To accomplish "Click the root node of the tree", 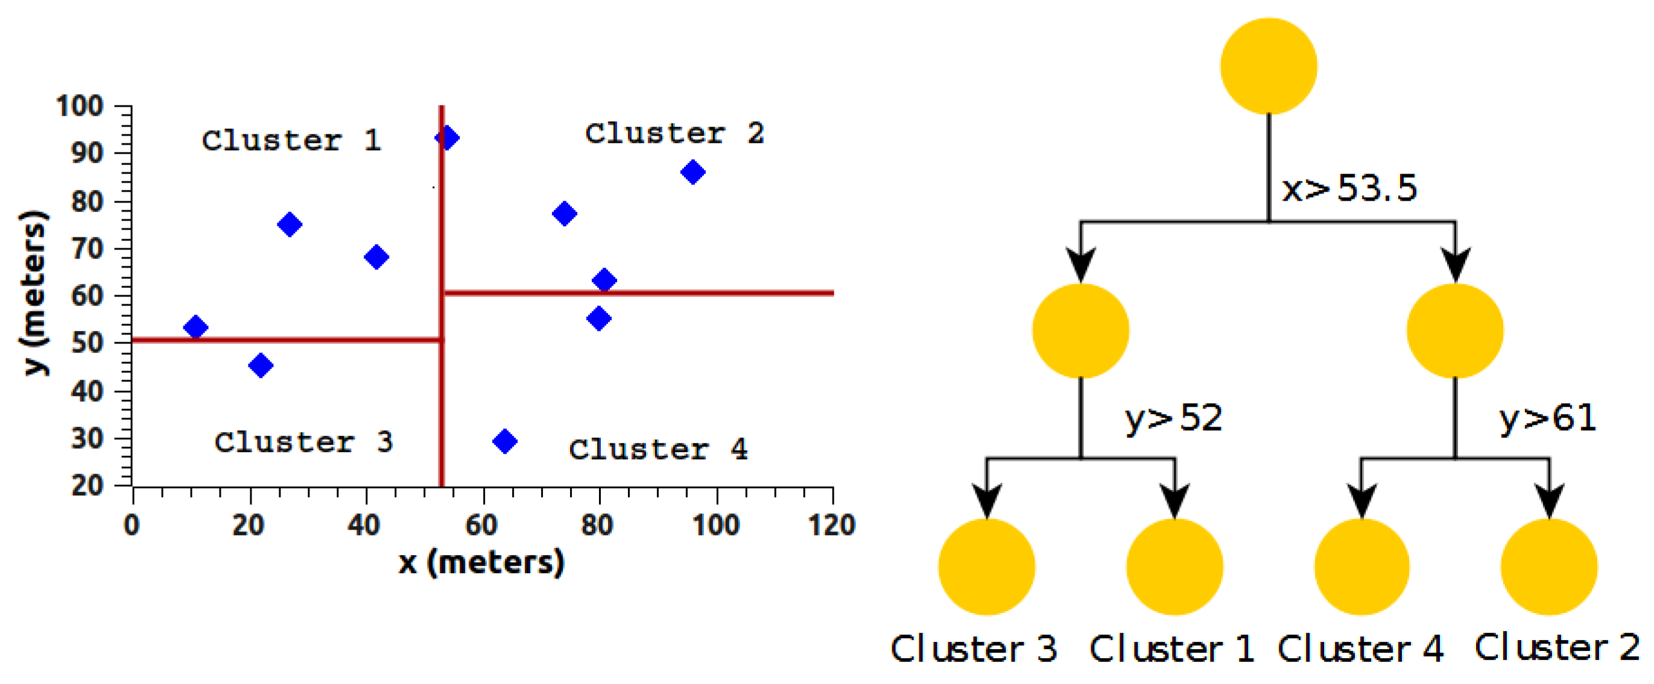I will pyautogui.click(x=1268, y=66).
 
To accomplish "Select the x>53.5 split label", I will pyautogui.click(x=1349, y=189).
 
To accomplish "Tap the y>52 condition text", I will pyautogui.click(x=1173, y=418).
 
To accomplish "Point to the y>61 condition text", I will pyautogui.click(x=1547, y=418).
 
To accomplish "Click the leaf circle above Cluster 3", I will pyautogui.click(x=986, y=566).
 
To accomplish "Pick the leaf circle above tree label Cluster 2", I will pyautogui.click(x=1548, y=566).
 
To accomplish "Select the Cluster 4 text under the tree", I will pyautogui.click(x=1360, y=648).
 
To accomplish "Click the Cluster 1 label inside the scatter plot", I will pyautogui.click(x=291, y=140).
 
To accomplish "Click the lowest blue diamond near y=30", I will pyautogui.click(x=505, y=442).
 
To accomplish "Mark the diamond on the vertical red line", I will pyautogui.click(x=446, y=137).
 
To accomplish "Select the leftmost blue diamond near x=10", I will pyautogui.click(x=195, y=327).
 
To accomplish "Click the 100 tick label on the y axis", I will pyautogui.click(x=80, y=106).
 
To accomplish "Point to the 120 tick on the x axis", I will pyautogui.click(x=831, y=526).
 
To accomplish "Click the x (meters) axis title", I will pyautogui.click(x=481, y=563).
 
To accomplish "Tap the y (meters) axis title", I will pyautogui.click(x=33, y=292).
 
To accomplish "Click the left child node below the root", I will pyautogui.click(x=1080, y=330).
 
